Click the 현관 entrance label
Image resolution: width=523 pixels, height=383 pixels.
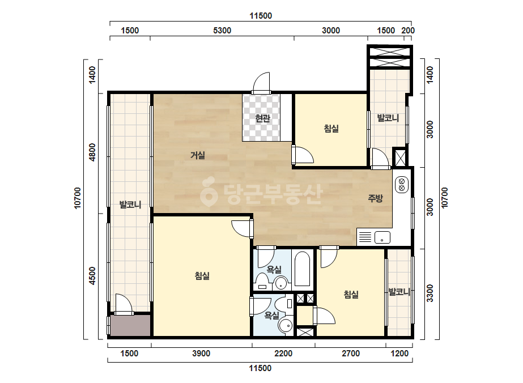coord(262,118)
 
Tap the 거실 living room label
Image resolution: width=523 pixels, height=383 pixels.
coord(197,155)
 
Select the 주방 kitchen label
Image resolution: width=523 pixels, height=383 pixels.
coord(375,198)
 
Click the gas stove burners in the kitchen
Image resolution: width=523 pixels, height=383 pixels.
coord(402,185)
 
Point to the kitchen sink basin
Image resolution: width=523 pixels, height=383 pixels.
coord(382,237)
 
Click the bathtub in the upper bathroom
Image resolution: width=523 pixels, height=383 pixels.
coord(302,269)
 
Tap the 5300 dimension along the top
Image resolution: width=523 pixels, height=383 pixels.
coord(222,31)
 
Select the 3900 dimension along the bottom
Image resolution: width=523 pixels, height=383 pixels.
coord(201,354)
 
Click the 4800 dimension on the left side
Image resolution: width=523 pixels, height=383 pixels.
coord(92,152)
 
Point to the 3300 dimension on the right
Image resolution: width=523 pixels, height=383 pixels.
coord(430,293)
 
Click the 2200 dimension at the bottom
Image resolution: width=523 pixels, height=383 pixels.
coord(283,354)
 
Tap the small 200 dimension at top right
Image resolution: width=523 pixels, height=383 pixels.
coord(408,31)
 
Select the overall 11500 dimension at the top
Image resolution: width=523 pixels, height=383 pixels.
coord(261,16)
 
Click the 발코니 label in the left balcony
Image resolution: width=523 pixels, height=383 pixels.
coord(130,205)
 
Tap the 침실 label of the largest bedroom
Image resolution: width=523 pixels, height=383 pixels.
coord(202,276)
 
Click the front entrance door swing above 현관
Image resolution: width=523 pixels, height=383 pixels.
coord(261,82)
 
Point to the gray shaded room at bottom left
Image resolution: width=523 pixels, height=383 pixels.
coord(130,325)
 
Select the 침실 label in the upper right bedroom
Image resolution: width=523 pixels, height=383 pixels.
coord(331,129)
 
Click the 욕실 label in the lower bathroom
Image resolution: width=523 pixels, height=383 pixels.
coord(272,315)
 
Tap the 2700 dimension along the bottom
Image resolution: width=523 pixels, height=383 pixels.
coord(351,354)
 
